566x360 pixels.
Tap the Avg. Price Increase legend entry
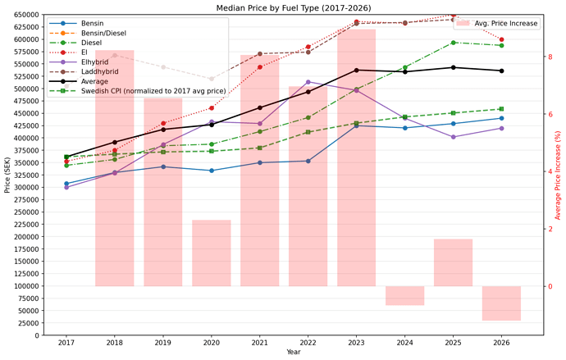[506, 24]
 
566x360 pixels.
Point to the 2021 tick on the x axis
[260, 343]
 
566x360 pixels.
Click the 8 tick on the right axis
[551, 57]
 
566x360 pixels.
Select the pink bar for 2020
[212, 253]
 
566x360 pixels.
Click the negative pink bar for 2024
[405, 295]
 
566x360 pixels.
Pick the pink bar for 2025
[454, 262]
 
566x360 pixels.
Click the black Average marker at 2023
[357, 71]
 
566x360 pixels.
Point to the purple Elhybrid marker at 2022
[308, 82]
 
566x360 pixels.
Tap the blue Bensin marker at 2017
[66, 184]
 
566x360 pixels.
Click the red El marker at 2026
[502, 39]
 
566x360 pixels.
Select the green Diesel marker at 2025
[454, 43]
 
